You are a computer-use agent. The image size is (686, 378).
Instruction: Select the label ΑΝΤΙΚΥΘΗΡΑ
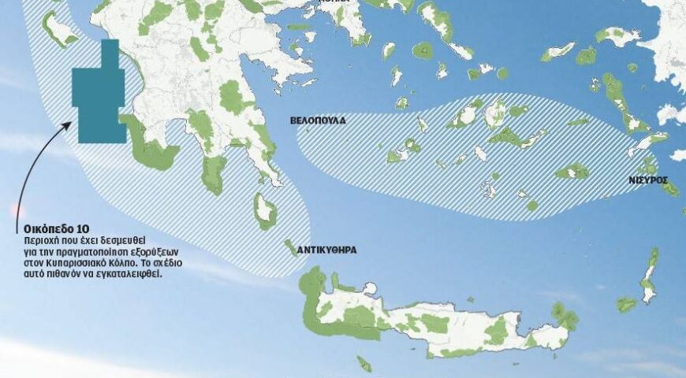coord(326,250)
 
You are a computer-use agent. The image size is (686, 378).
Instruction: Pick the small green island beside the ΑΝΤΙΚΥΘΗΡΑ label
coord(290,247)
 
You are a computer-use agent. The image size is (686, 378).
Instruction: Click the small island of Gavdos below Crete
coord(364,363)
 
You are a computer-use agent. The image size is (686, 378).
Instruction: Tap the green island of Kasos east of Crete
coord(627,304)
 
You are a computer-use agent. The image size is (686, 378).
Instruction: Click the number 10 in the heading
coord(73,228)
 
